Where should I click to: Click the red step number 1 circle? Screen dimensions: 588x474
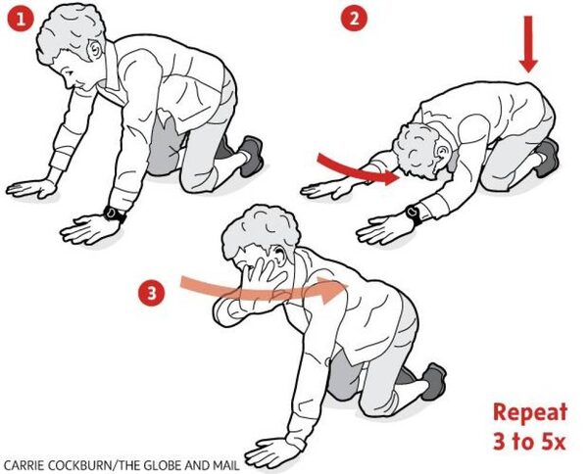pyautogui.click(x=20, y=20)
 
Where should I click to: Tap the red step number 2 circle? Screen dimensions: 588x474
pyautogui.click(x=355, y=20)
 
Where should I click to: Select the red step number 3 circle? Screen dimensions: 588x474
pyautogui.click(x=151, y=294)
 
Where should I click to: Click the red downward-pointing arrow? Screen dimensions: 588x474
pyautogui.click(x=528, y=44)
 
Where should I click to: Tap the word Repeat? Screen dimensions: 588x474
pyautogui.click(x=529, y=413)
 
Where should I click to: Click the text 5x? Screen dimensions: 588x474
pyautogui.click(x=553, y=443)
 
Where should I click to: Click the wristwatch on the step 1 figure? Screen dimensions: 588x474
pyautogui.click(x=114, y=214)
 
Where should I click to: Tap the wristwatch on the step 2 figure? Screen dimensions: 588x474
pyautogui.click(x=414, y=213)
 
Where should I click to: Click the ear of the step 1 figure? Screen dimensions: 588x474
pyautogui.click(x=95, y=50)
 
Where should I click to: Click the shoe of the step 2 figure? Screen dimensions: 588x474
pyautogui.click(x=547, y=158)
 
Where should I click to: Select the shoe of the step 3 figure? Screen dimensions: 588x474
pyautogui.click(x=434, y=381)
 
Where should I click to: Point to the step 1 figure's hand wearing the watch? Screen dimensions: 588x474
pyautogui.click(x=85, y=228)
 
